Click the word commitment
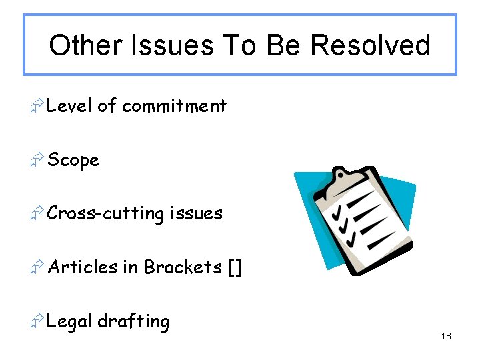pyautogui.click(x=175, y=105)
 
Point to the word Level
pyautogui.click(x=70, y=105)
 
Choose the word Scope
pyautogui.click(x=73, y=161)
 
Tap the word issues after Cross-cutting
pyautogui.click(x=196, y=213)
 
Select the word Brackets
pyautogui.click(x=183, y=267)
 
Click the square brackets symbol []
pyautogui.click(x=235, y=268)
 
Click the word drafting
pyautogui.click(x=133, y=321)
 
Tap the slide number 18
pyautogui.click(x=446, y=337)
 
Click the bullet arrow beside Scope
pyautogui.click(x=37, y=160)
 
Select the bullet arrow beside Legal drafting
pyautogui.click(x=37, y=321)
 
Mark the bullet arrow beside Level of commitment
pyautogui.click(x=37, y=105)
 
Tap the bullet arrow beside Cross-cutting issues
pyautogui.click(x=37, y=213)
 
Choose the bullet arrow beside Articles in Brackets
pyautogui.click(x=37, y=267)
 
